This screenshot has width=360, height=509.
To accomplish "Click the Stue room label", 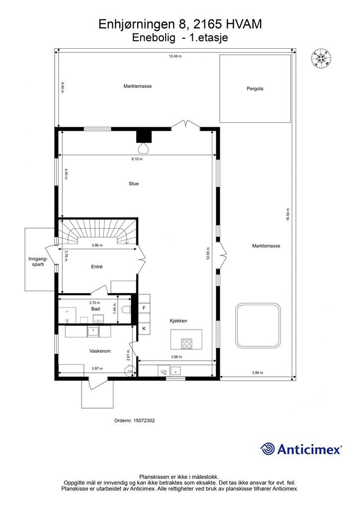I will (x=133, y=183).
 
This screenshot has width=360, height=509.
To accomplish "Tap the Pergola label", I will (x=255, y=89).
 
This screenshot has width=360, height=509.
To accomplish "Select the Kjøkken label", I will (x=178, y=321).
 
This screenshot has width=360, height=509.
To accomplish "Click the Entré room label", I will (x=96, y=267).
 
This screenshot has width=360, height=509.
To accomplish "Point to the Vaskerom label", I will (x=99, y=351).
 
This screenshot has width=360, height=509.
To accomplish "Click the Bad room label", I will (x=95, y=309).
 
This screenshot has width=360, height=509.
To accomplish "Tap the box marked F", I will (x=144, y=308).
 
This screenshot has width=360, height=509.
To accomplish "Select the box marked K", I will (x=144, y=329).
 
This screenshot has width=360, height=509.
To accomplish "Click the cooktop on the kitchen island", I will (x=187, y=342).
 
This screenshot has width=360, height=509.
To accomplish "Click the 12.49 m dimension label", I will (x=175, y=56).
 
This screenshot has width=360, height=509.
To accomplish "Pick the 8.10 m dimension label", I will (x=137, y=160).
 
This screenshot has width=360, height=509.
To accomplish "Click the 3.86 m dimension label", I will (x=257, y=373).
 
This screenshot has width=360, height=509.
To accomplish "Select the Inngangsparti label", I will (x=38, y=262).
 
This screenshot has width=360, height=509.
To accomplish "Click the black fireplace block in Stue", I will (x=143, y=136).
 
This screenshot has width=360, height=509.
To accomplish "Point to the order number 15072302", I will (x=134, y=421).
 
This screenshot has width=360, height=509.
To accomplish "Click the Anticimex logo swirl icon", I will (x=268, y=449).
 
